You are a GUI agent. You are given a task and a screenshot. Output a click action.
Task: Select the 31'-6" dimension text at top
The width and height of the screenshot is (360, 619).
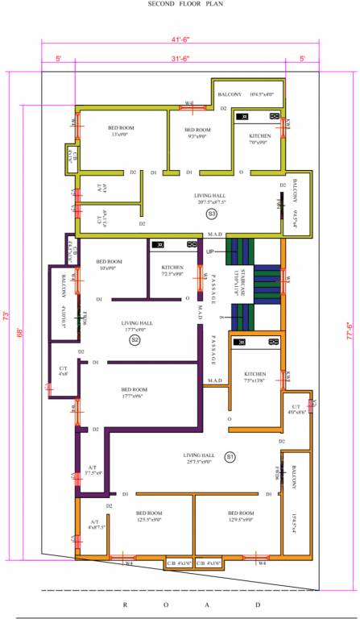point(179,60)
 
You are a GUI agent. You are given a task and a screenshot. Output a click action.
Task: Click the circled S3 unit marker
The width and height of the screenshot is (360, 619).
point(211,214)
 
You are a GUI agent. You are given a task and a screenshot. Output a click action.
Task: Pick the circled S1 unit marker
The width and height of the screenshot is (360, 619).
point(230,457)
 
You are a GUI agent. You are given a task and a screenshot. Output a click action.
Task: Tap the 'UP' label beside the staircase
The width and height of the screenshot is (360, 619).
point(210,251)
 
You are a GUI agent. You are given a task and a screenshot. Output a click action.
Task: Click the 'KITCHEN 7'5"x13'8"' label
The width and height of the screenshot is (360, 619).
point(255,376)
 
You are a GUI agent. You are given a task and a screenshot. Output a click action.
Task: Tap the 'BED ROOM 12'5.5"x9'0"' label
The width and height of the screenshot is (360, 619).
point(148,517)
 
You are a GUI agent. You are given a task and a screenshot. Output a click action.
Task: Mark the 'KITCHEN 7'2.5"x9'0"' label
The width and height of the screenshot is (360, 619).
point(172,270)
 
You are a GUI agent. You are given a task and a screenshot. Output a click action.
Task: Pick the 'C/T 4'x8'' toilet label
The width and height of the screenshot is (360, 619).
point(63,371)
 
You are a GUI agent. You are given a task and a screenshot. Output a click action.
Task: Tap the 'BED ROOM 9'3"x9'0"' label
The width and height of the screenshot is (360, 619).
point(197,133)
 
